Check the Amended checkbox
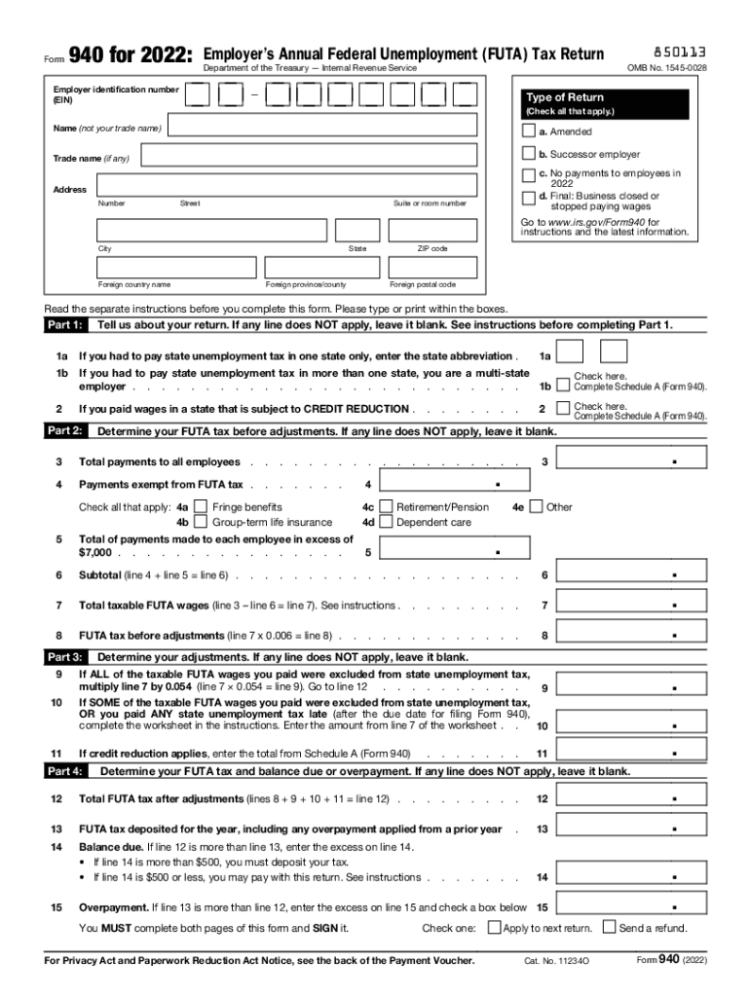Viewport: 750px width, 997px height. [x=529, y=131]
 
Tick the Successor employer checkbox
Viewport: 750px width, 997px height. [x=529, y=154]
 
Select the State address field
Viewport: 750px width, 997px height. [x=357, y=230]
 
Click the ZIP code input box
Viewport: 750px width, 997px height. [x=432, y=230]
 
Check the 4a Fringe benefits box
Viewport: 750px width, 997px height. [x=201, y=506]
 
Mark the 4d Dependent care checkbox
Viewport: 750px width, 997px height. [x=386, y=522]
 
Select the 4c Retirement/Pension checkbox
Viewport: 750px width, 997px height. [x=386, y=506]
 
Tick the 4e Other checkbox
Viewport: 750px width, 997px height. [x=536, y=506]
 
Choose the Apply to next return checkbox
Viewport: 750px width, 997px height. [x=494, y=928]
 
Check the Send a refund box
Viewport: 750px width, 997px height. [x=610, y=928]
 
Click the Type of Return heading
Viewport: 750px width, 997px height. [x=565, y=97]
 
